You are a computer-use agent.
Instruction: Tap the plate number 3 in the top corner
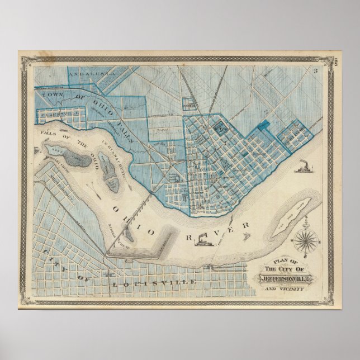click(x=315, y=70)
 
